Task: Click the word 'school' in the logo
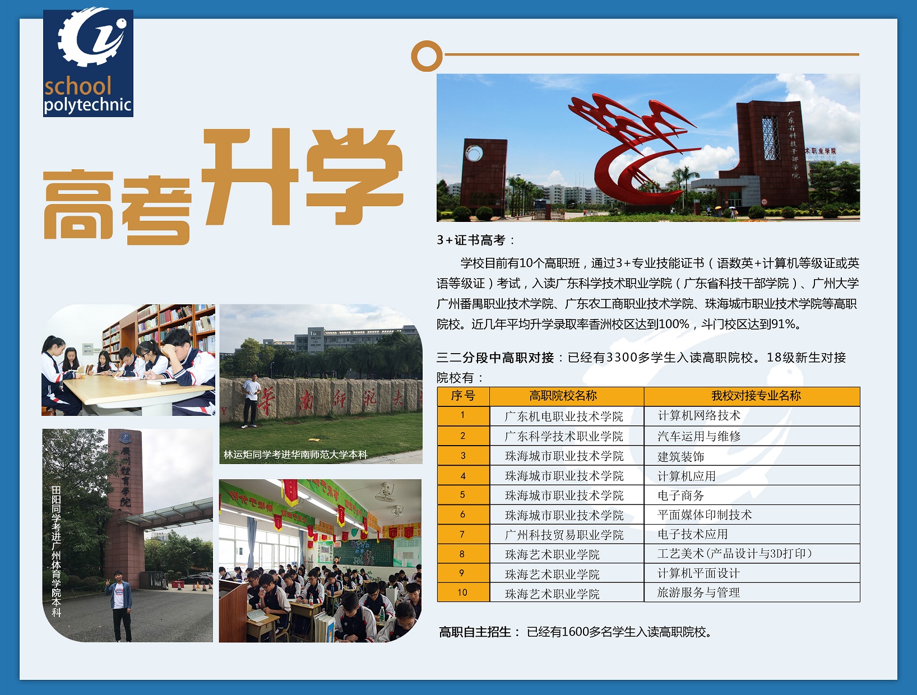[78, 86]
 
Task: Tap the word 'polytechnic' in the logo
[88, 105]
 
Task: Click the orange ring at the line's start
[427, 56]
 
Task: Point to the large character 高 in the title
[78, 204]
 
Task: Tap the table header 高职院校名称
[563, 396]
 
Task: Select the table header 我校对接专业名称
[756, 396]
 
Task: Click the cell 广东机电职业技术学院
[564, 416]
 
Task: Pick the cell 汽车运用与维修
[699, 436]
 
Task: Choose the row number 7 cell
[462, 534]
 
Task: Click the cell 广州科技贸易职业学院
[564, 535]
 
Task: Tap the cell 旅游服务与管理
[698, 592]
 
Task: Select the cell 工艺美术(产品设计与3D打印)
[735, 553]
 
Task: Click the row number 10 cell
[462, 592]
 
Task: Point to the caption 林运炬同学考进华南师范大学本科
[295, 455]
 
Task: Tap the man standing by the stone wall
[251, 400]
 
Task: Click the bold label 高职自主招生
[475, 632]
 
